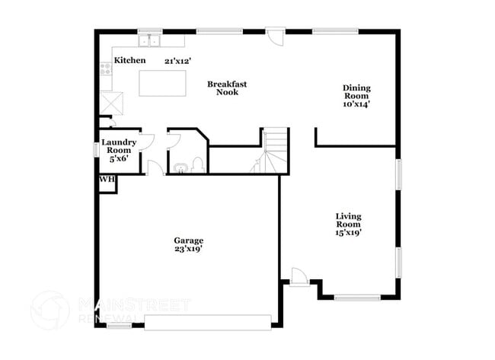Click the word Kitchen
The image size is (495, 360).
[129, 60]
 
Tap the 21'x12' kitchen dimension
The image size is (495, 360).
[177, 60]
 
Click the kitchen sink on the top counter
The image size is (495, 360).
[149, 40]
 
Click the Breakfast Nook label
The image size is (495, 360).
[227, 88]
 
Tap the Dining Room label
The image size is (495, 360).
[356, 92]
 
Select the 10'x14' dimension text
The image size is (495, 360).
[356, 105]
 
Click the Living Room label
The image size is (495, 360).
[348, 221]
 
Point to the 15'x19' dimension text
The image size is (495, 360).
[348, 234]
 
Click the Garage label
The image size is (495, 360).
[188, 241]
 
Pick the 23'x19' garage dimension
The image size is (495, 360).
[188, 249]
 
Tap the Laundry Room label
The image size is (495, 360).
[119, 146]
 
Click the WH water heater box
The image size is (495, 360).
[106, 180]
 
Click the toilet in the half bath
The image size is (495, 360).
[197, 164]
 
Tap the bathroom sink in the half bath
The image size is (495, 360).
[180, 167]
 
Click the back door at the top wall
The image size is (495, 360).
[276, 37]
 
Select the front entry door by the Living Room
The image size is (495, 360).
[299, 276]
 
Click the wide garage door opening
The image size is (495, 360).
[207, 323]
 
